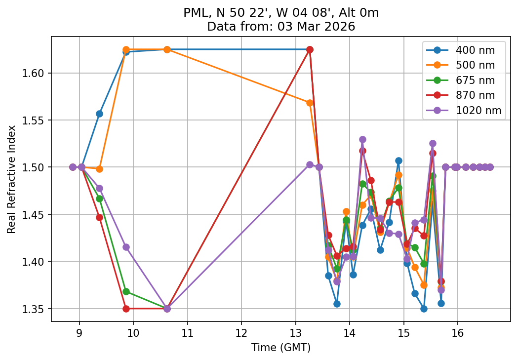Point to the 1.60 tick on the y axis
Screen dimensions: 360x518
point(35,73)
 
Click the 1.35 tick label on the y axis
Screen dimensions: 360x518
point(35,309)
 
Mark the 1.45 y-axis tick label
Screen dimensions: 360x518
point(35,214)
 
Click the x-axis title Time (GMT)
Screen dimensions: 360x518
point(280,347)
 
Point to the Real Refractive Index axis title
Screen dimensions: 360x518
point(11,179)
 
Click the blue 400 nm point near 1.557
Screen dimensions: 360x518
point(99,114)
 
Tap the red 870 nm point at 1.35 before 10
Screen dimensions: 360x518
point(126,309)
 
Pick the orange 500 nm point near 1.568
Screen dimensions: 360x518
point(310,103)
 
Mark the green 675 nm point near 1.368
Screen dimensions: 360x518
point(126,291)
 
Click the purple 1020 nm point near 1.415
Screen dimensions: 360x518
point(126,247)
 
